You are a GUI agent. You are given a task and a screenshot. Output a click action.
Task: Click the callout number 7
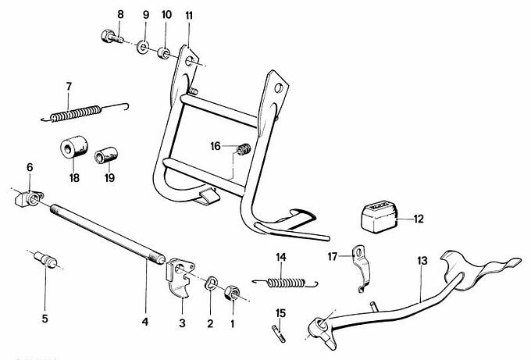69,86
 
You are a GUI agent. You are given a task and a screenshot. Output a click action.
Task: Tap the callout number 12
419,219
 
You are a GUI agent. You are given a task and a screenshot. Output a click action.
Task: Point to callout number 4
144,319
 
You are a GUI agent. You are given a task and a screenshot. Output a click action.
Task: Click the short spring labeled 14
287,283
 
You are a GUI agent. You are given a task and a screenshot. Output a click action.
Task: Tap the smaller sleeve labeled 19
105,156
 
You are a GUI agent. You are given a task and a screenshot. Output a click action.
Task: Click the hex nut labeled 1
231,294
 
